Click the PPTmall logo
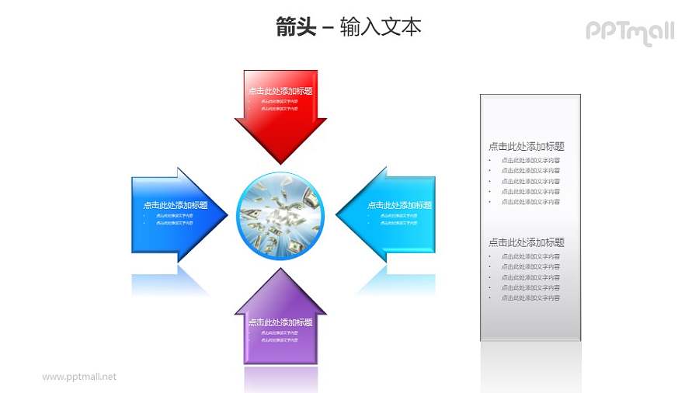click(x=629, y=32)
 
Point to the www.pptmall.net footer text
click(x=79, y=377)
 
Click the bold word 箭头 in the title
click(x=295, y=27)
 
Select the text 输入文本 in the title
click(x=381, y=27)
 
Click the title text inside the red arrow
click(x=280, y=91)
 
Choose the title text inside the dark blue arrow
click(x=176, y=206)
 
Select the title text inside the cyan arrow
click(x=399, y=206)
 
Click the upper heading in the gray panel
click(x=526, y=146)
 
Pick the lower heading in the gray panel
click(x=526, y=242)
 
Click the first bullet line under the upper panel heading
click(x=530, y=160)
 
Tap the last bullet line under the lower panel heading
click(x=530, y=297)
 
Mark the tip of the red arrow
click(x=280, y=162)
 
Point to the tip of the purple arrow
click(x=280, y=270)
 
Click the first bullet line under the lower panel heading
click(x=530, y=256)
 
